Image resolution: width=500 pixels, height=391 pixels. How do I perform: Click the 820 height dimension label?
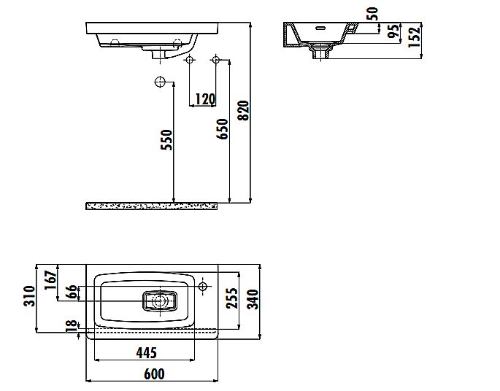(x=245, y=109)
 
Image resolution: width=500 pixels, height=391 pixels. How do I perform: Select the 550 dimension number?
(x=166, y=139)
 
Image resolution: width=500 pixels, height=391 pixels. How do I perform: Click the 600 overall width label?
(x=154, y=373)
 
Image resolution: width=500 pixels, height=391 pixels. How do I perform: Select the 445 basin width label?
(x=146, y=353)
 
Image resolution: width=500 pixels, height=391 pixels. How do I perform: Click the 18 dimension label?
(x=71, y=326)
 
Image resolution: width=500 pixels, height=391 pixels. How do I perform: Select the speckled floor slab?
(x=151, y=206)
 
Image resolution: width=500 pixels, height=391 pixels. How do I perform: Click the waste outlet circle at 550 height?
(x=161, y=82)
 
